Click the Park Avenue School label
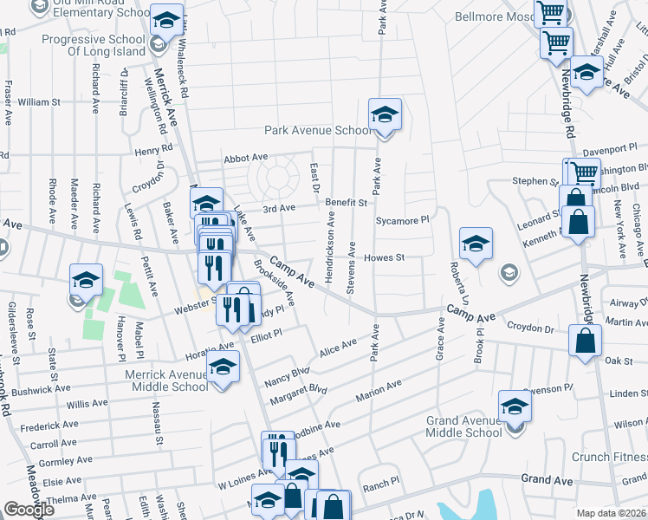tap(317, 131)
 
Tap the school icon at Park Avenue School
tap(385, 114)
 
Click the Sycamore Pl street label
tap(402, 220)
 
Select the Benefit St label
tap(347, 202)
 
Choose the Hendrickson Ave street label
tap(330, 247)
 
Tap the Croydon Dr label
tap(530, 328)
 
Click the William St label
tap(38, 101)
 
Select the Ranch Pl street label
tap(380, 480)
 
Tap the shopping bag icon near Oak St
tap(585, 341)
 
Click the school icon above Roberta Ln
tap(476, 244)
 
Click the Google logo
tap(29, 510)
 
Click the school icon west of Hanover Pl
tap(86, 280)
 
